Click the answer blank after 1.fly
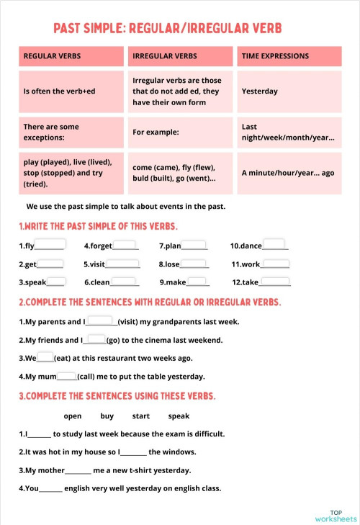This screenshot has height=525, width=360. coord(50,244)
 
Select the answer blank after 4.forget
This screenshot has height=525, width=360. coord(125,244)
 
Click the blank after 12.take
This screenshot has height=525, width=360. coord(275,282)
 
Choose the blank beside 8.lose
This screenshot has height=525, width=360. coord(195,263)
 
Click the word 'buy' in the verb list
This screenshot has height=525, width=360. coord(107,416)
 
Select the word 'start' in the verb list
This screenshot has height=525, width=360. coord(141,416)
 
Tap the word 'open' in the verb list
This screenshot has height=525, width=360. coord(73,416)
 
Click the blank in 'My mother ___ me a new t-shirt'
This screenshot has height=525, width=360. coord(78,471)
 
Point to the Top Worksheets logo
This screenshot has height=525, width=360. coord(336,513)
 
